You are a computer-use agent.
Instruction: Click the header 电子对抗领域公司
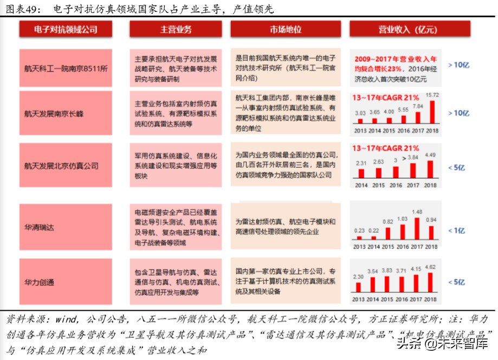(65, 30)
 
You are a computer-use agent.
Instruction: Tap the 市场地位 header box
(286, 30)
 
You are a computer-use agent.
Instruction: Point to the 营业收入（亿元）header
(393, 30)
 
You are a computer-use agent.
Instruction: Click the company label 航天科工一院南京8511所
(66, 68)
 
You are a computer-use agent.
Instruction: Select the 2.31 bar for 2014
(360, 173)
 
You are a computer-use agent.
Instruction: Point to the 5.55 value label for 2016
(403, 109)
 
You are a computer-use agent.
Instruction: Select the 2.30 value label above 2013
(359, 277)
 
